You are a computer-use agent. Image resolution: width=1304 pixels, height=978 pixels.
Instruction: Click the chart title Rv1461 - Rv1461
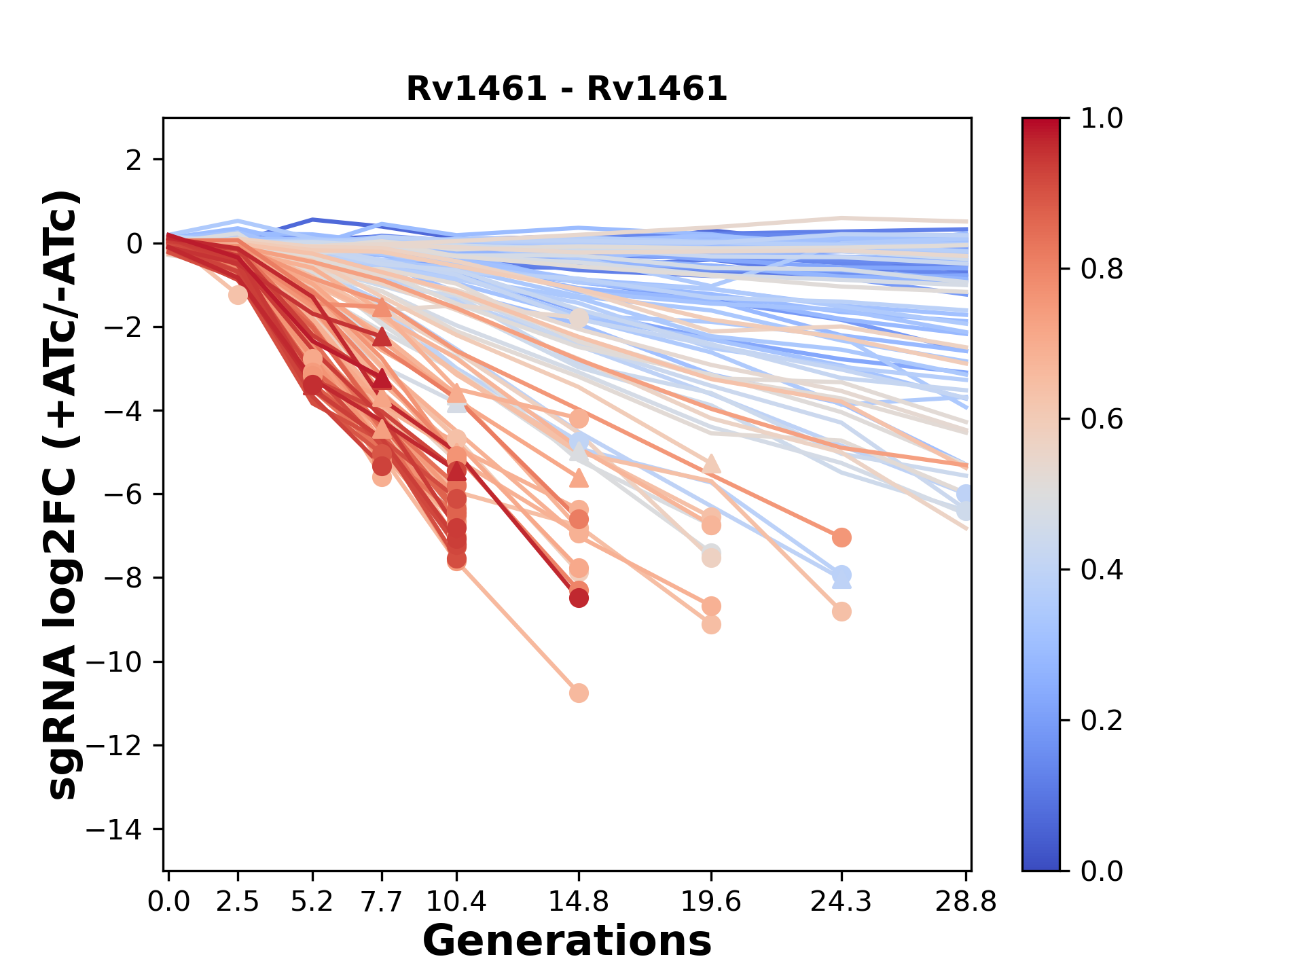(566, 89)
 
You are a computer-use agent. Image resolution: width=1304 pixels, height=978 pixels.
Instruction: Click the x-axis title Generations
(566, 941)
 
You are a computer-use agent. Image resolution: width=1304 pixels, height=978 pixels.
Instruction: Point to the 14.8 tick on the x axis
(579, 902)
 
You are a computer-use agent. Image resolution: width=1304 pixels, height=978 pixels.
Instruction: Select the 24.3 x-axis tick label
(841, 902)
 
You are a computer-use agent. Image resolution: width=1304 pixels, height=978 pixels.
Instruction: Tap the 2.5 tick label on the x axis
(238, 902)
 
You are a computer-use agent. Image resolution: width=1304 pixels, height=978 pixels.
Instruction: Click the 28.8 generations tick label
(966, 902)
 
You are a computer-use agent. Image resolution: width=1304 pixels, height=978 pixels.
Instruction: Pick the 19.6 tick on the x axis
(710, 902)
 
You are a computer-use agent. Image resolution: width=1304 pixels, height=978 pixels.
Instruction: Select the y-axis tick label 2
(134, 160)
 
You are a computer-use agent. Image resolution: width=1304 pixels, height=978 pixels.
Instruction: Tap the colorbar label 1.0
(1102, 119)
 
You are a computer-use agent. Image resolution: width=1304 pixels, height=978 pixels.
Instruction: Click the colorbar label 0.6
(1102, 420)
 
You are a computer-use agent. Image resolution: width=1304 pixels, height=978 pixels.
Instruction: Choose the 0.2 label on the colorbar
(1102, 721)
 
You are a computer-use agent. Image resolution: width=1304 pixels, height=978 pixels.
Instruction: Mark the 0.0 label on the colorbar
(1102, 871)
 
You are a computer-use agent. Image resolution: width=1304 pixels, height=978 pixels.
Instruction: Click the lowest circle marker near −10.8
(579, 693)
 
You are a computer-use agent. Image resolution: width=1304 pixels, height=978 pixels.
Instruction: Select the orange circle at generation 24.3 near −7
(841, 537)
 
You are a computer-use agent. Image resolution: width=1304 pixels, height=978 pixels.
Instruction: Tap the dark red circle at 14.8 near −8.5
(579, 598)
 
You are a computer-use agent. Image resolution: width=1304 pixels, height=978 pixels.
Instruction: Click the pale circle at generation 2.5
(238, 295)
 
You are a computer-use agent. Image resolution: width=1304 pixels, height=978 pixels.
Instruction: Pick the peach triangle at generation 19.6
(711, 464)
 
